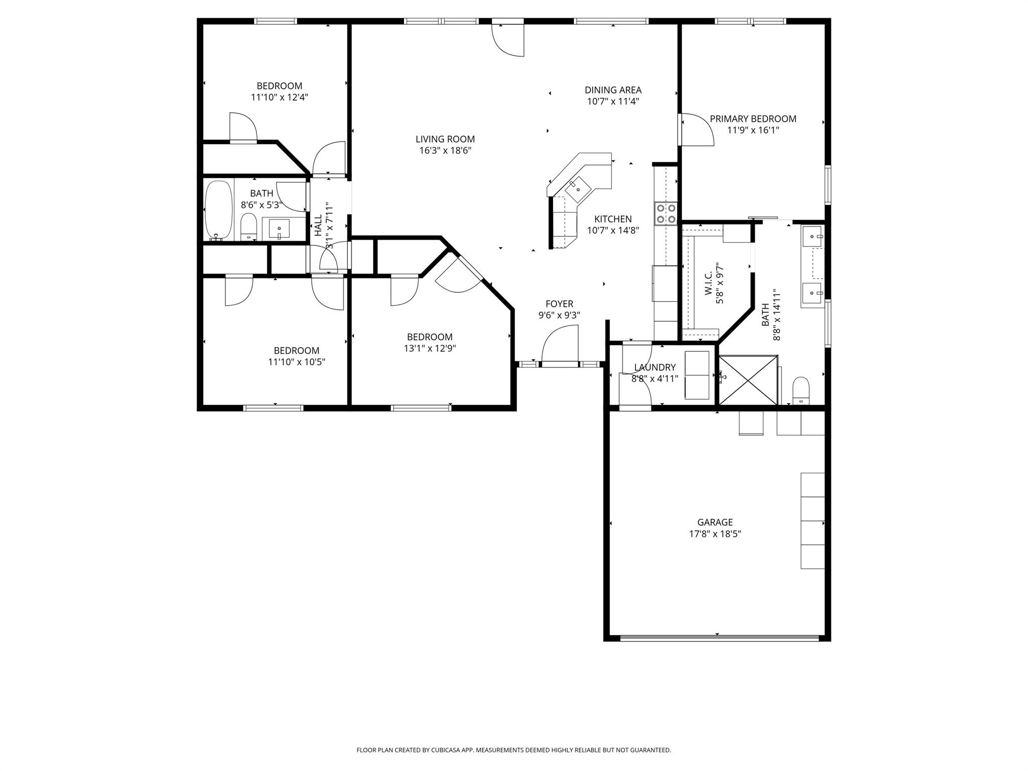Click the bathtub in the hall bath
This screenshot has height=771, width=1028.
[219, 211]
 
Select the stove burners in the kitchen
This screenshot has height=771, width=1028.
[666, 213]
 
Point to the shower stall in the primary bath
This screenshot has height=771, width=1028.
[748, 379]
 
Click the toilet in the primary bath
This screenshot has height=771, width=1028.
[801, 391]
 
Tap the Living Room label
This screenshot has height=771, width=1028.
[445, 139]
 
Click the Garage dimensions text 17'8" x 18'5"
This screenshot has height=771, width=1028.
[715, 534]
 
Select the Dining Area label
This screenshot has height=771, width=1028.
[613, 90]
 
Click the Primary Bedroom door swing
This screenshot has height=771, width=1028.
[697, 130]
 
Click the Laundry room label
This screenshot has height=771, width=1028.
[655, 367]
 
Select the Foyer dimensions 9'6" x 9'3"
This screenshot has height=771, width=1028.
[559, 315]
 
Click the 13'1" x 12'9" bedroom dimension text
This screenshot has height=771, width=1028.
[430, 348]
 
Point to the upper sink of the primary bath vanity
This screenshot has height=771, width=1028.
[812, 236]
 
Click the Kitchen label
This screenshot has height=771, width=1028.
[612, 219]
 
